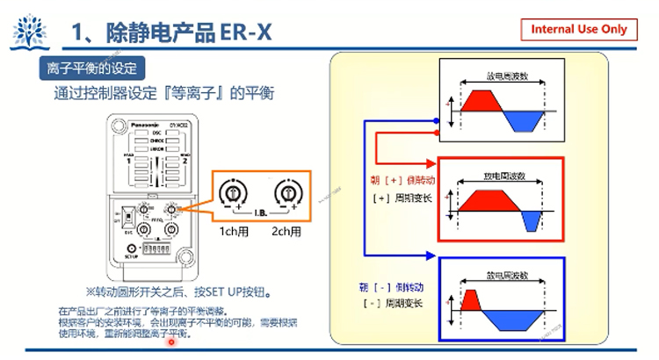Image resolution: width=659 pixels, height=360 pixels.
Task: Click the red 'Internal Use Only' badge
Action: point(578,29)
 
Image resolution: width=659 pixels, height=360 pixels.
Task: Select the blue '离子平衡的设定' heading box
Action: point(91,67)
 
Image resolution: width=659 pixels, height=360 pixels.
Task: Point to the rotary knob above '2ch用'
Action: point(285,194)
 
